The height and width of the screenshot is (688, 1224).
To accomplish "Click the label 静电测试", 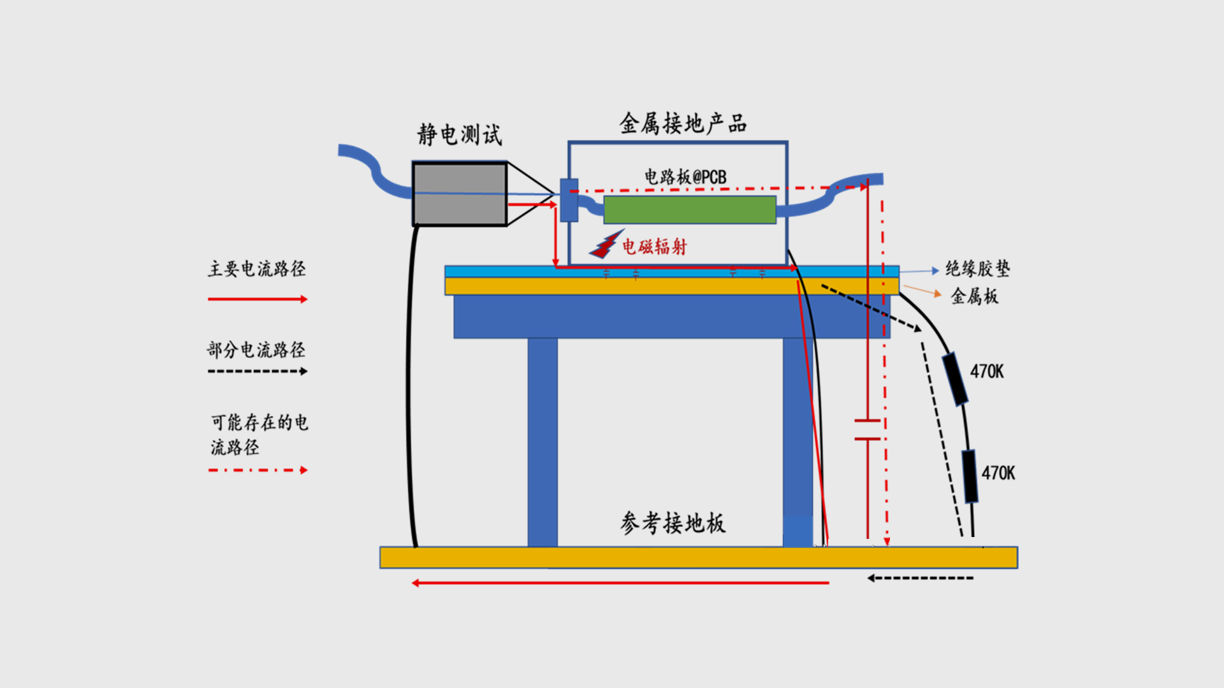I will tap(460, 134).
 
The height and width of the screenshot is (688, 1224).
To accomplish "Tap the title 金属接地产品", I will tap(683, 123).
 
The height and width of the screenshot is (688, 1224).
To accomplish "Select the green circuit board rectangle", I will tap(689, 210).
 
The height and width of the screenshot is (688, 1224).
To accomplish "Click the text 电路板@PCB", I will tap(685, 176).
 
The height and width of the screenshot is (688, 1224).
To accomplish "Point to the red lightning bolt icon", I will tap(606, 245).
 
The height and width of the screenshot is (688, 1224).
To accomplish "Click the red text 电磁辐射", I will tap(655, 247).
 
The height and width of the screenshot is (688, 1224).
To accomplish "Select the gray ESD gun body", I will tap(460, 194).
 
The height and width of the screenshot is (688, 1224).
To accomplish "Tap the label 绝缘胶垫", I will tap(977, 268).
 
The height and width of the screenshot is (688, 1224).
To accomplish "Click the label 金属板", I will tap(975, 296).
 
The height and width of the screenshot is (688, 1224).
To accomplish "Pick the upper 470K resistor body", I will tap(955, 379).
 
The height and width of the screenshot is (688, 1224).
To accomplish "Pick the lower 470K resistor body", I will tap(970, 477).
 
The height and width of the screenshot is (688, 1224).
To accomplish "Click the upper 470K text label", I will tap(987, 371).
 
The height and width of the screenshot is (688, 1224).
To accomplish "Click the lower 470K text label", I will tap(998, 473).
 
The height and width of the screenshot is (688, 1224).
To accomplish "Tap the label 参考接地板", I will tap(673, 523).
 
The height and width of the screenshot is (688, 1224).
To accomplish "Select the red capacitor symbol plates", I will tap(868, 430).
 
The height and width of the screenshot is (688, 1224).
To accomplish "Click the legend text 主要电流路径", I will tap(257, 269).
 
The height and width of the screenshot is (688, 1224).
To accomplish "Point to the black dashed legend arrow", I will tap(258, 371).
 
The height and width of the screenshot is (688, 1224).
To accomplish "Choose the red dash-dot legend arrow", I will tap(258, 470).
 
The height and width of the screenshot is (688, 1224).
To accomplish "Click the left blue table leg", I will tap(543, 442).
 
